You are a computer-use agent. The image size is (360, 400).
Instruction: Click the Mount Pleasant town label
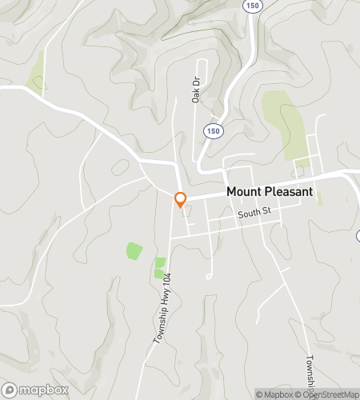[x=270, y=192]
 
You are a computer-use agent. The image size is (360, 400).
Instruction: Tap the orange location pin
[x=181, y=199]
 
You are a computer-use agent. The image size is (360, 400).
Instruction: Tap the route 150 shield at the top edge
[x=254, y=5]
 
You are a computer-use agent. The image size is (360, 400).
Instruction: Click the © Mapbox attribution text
[x=274, y=394]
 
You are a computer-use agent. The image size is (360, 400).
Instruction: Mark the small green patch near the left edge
[x=36, y=78]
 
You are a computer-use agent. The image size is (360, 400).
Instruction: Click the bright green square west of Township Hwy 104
[x=134, y=250]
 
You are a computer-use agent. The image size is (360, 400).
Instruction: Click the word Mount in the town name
[x=242, y=192]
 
